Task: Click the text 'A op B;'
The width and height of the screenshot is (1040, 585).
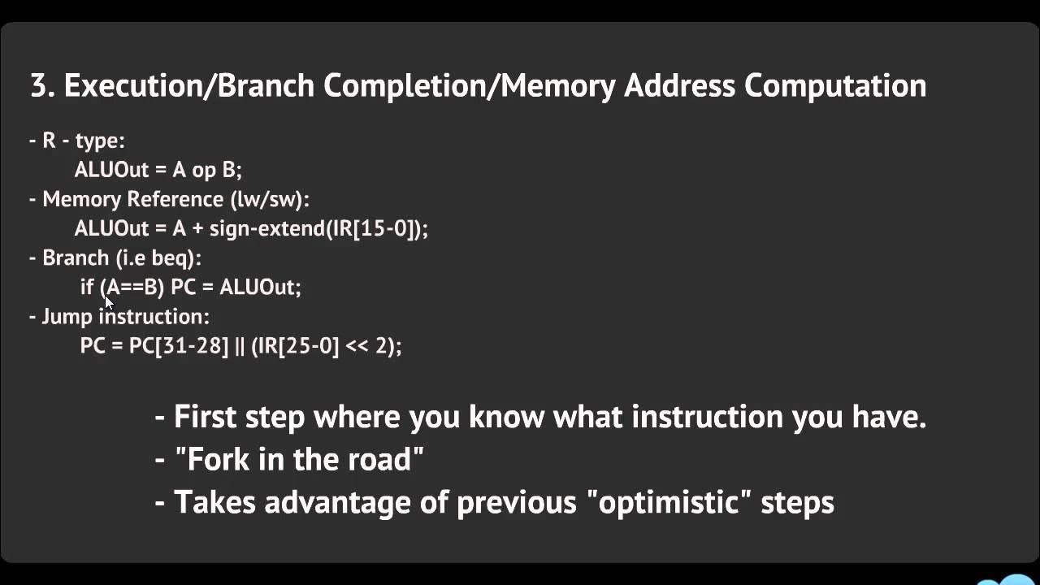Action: [x=207, y=170]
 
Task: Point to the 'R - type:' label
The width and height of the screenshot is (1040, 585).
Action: [x=77, y=141]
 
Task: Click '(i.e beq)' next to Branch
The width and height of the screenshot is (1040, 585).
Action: [x=158, y=258]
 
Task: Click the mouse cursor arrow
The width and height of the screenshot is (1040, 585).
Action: [x=109, y=301]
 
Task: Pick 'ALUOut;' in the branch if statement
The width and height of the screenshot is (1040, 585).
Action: [x=260, y=287]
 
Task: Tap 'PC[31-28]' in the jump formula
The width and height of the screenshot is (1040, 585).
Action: [x=179, y=345]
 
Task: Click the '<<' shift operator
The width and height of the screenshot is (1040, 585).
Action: [x=357, y=345]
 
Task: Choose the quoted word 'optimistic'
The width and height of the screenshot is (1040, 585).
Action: [x=669, y=502]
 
